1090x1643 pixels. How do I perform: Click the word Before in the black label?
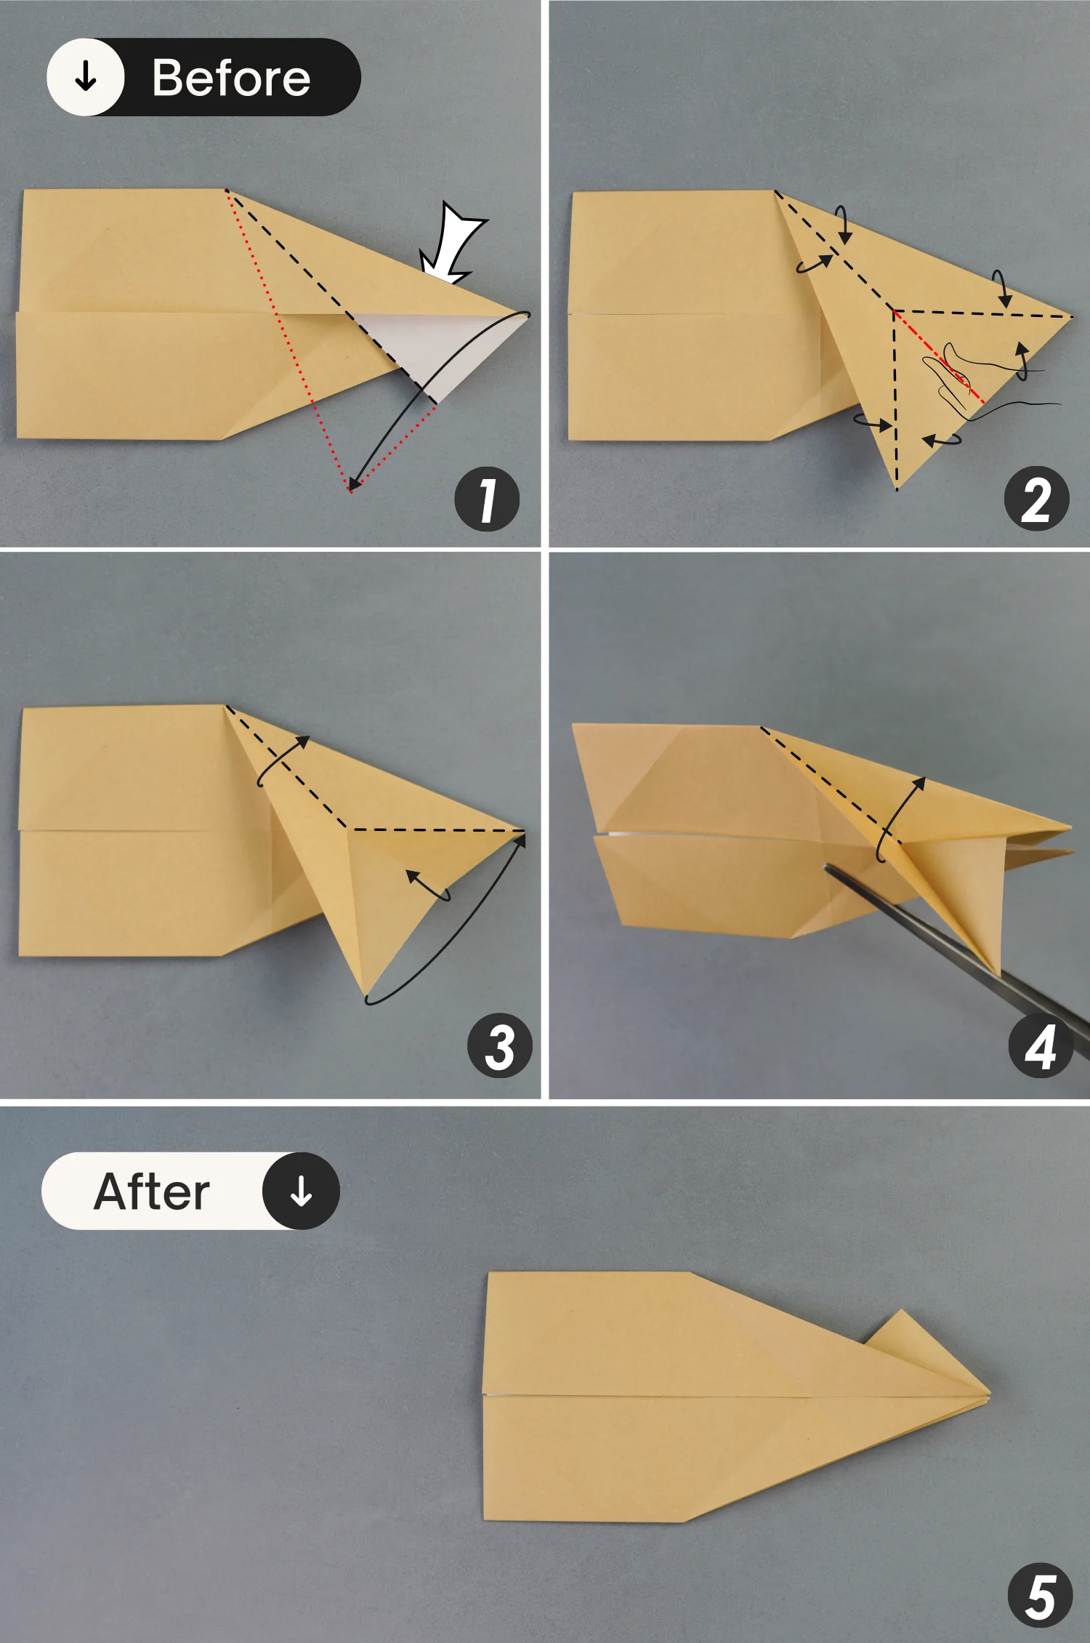coord(231,78)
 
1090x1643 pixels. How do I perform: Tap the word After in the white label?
coord(152,1192)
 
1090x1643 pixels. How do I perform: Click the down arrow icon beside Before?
coord(86,76)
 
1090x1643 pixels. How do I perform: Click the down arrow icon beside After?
coord(301,1192)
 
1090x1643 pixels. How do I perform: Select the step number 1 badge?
coord(487,499)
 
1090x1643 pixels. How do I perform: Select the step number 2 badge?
coord(1036,499)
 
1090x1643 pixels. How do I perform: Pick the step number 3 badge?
coord(500,1046)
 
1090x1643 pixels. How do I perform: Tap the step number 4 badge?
coord(1040,1047)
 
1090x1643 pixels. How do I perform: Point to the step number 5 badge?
coord(1040,1596)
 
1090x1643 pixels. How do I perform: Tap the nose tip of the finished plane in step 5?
coord(988,1394)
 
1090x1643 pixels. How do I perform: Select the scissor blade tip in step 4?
coord(828,867)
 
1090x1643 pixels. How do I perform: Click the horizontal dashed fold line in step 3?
coord(436,829)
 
